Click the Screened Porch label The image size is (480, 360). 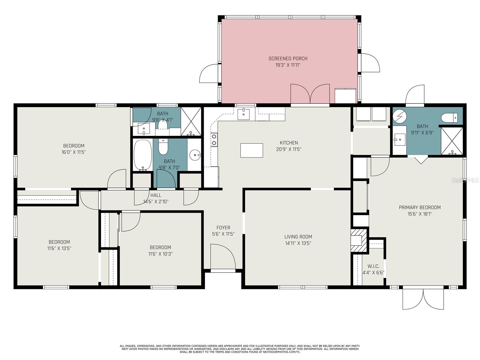(x=288, y=58)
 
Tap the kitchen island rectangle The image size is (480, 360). (x=251, y=150)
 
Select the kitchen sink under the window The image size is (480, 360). (x=243, y=114)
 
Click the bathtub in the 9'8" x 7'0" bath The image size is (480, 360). (x=142, y=155)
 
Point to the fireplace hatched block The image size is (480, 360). (x=358, y=240)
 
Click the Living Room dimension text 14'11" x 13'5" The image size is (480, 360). (x=298, y=243)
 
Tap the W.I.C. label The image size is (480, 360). (x=373, y=266)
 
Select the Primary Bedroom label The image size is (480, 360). (x=420, y=207)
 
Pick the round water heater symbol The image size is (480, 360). (x=400, y=116)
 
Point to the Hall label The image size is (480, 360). (x=156, y=195)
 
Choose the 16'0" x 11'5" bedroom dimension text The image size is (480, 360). (x=73, y=152)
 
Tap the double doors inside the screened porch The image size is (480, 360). (x=310, y=94)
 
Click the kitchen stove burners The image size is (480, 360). (x=214, y=140)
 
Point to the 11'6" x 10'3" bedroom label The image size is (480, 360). (x=160, y=247)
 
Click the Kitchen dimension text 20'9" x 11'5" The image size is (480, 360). (x=289, y=149)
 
